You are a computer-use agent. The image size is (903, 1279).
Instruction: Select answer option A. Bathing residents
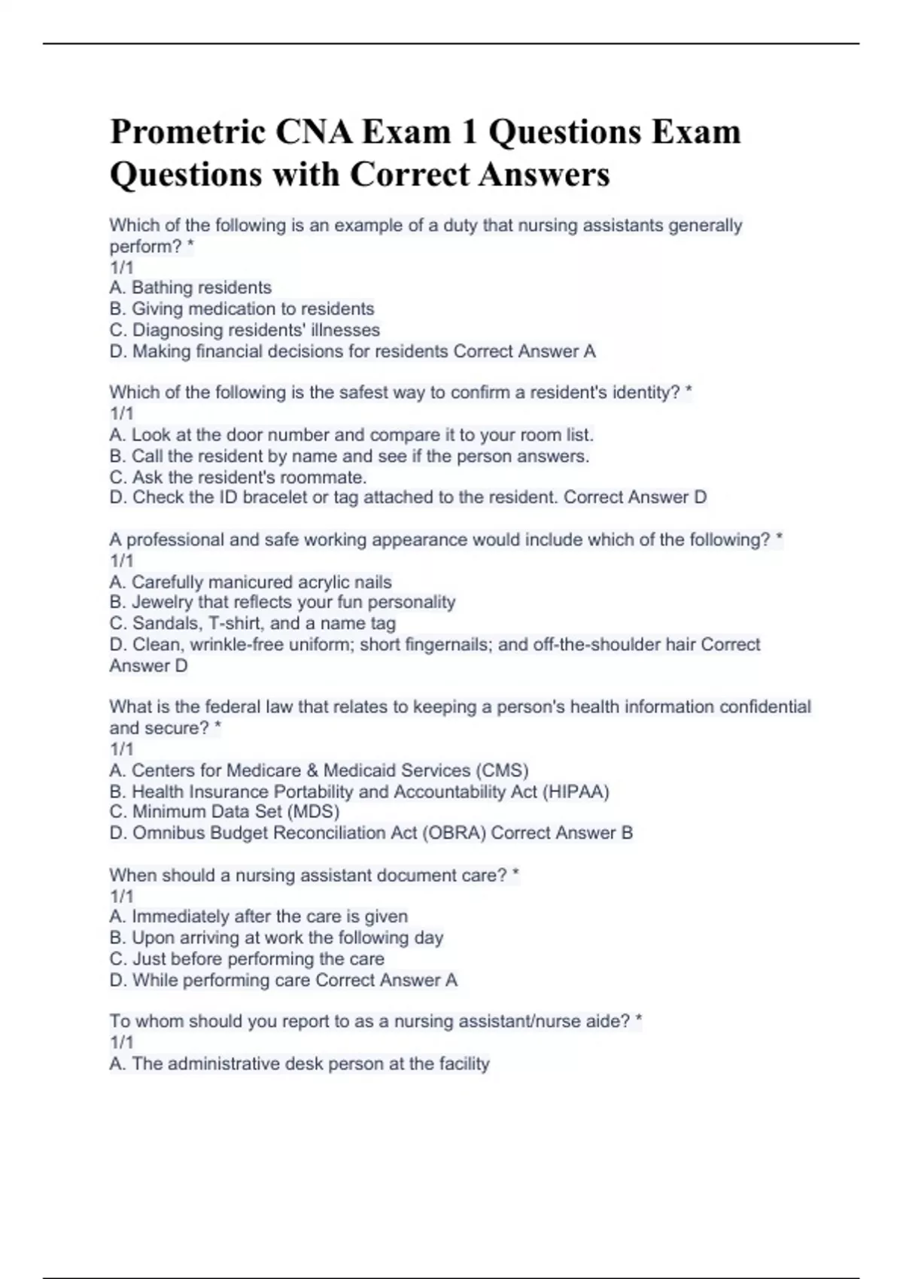(x=190, y=287)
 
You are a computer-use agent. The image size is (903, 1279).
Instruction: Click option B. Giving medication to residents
(x=242, y=308)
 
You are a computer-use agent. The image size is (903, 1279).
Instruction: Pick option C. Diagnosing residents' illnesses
(x=245, y=330)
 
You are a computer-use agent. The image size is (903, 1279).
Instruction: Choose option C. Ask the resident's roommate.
(x=238, y=477)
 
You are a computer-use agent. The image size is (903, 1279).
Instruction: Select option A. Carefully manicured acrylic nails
(x=251, y=582)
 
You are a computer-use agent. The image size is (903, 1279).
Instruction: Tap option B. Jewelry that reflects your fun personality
(x=282, y=602)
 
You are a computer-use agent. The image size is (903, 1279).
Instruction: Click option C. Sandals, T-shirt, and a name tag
(x=252, y=623)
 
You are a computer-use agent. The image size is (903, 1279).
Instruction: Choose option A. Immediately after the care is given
(x=258, y=916)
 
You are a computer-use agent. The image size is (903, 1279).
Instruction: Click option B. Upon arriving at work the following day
(x=276, y=937)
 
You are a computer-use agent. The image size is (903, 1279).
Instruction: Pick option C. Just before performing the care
(x=247, y=958)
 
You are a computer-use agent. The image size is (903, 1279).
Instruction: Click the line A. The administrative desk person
(x=299, y=1064)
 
